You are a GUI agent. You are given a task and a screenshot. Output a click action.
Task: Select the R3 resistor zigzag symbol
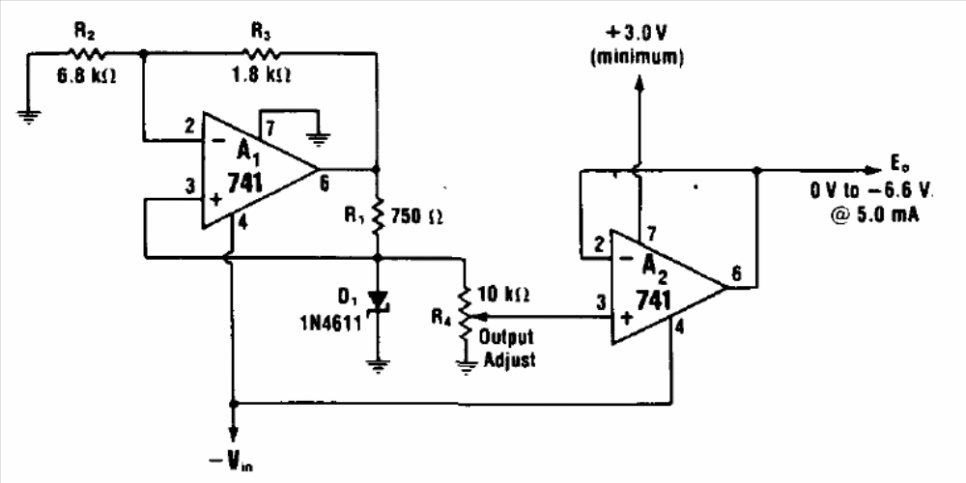[x=261, y=53]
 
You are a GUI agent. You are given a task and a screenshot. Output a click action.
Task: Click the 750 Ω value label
[x=418, y=215]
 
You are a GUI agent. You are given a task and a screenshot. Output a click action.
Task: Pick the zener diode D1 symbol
[x=378, y=301]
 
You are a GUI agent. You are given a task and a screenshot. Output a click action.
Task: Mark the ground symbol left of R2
[x=28, y=115]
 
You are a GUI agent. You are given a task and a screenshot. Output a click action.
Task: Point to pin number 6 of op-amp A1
[x=324, y=185]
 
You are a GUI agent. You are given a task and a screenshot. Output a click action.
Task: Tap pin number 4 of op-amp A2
[x=678, y=328]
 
